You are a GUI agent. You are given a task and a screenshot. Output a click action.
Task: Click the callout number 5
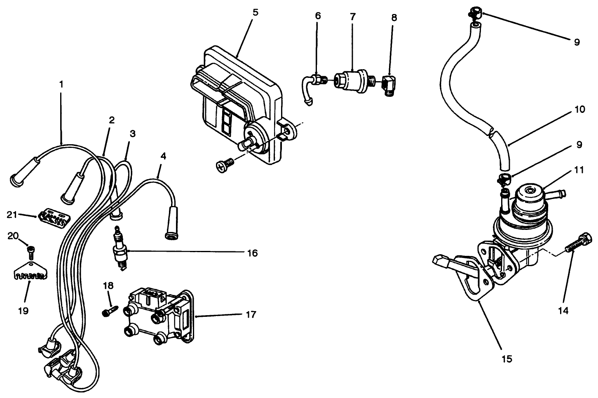256,12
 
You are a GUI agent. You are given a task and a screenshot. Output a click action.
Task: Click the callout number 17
250,315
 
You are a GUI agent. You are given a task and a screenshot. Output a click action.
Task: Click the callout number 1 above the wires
61,84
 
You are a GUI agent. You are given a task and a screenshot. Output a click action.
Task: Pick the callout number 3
132,133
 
